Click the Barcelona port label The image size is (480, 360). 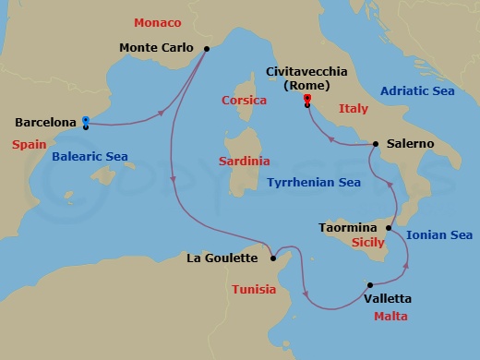pos(45,122)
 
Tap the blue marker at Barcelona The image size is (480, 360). pos(85,120)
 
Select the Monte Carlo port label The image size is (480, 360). pos(158,47)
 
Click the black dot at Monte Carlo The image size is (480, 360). pos(206,49)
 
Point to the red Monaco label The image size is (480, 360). pos(157,21)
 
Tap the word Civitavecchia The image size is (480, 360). pos(307,71)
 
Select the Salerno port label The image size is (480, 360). pos(411,144)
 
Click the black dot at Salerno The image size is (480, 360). pos(376,144)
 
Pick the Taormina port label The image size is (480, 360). pos(348,226)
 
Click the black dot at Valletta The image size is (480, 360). pos(369,285)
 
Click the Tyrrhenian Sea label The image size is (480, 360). pos(314,183)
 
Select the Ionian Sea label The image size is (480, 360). pos(439,235)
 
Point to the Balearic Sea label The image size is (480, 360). pos(90,158)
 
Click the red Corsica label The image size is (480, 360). pos(245,100)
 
